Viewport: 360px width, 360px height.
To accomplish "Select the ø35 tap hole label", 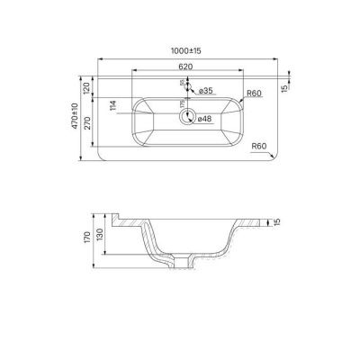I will click(x=205, y=91).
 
